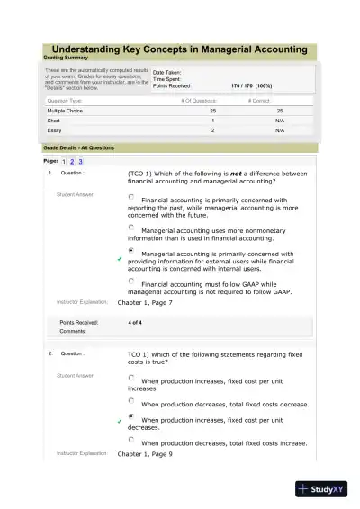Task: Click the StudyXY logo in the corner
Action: tap(327, 491)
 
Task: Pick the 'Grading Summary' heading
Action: tap(70, 58)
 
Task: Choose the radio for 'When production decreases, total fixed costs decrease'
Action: tap(131, 401)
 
